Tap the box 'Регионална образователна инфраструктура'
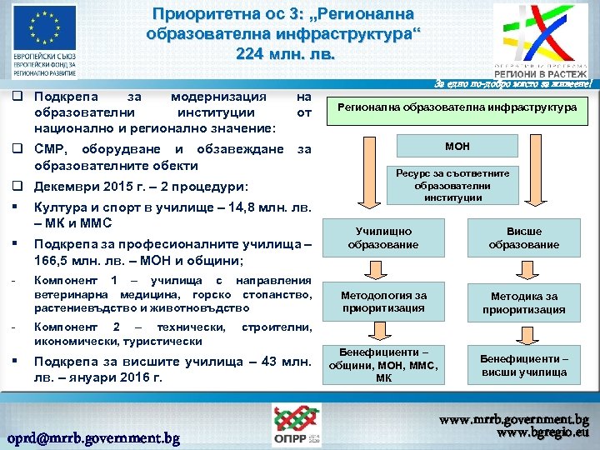tap(457, 108)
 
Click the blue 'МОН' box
tap(457, 147)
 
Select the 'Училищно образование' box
tap(383, 238)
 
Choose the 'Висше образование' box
tap(524, 238)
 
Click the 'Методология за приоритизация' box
tap(383, 302)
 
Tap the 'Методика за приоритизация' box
tap(524, 302)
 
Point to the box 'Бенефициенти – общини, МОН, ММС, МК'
tap(383, 365)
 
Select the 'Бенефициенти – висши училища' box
tap(524, 365)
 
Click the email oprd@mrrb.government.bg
tap(92, 437)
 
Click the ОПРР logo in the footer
tap(299, 425)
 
